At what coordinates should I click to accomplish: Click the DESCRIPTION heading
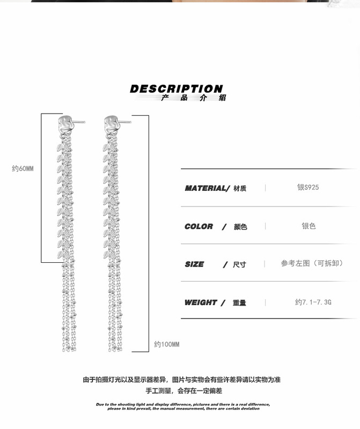tap(176, 88)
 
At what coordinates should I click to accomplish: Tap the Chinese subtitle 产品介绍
tap(194, 98)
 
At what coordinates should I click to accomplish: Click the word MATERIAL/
tap(207, 188)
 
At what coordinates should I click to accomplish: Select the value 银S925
tap(308, 188)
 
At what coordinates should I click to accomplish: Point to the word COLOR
tap(199, 226)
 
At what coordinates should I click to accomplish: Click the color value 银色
tap(308, 226)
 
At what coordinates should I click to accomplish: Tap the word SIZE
tap(194, 264)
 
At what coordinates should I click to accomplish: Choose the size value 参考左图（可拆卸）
tap(312, 263)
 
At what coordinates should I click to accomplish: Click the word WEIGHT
tap(200, 302)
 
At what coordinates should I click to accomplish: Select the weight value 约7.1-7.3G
tap(313, 302)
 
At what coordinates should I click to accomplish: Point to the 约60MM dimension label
tap(23, 168)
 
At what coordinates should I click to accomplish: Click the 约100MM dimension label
tap(167, 344)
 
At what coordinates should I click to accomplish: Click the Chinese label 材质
tap(240, 189)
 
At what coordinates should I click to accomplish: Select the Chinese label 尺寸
tap(239, 265)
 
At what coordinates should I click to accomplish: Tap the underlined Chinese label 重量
tap(239, 303)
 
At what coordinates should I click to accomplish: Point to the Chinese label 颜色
tap(240, 227)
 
